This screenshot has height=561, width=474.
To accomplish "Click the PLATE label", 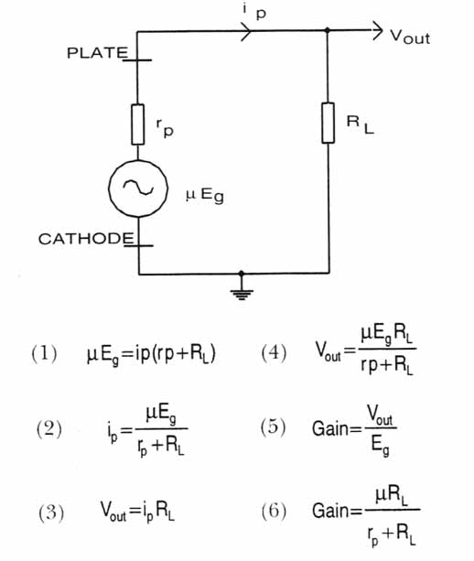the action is pos(97,53).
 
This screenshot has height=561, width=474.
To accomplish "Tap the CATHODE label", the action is pos(86,239).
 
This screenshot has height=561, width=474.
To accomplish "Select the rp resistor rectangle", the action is pos(138,124).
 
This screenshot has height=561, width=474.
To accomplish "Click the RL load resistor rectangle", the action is pos(328,123).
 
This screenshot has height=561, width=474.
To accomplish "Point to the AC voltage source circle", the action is pos(138,189).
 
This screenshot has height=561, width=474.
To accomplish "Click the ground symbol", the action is pos(242,294).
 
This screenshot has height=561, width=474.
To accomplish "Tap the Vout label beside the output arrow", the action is pos(410,37).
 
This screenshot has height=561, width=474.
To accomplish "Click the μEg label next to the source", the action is pos(205,195).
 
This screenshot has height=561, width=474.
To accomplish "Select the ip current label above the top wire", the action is pos(254,12).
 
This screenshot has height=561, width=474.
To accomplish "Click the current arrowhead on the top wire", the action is pos(247,31).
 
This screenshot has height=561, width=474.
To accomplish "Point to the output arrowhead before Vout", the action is pos(378,30).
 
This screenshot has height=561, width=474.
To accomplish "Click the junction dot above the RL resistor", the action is pos(327,30).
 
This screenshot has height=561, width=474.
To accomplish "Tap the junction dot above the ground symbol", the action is pos(242,274).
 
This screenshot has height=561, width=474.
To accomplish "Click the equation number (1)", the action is pos(44,353).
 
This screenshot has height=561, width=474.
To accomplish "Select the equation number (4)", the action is pos(274,352).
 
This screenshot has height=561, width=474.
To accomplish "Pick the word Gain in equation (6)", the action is pos(330,511).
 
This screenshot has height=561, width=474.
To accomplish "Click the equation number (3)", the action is pos(51,512).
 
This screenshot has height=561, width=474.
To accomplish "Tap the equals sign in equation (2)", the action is pos(127,430).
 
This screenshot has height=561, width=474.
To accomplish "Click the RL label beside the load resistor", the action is pos(361,124).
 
